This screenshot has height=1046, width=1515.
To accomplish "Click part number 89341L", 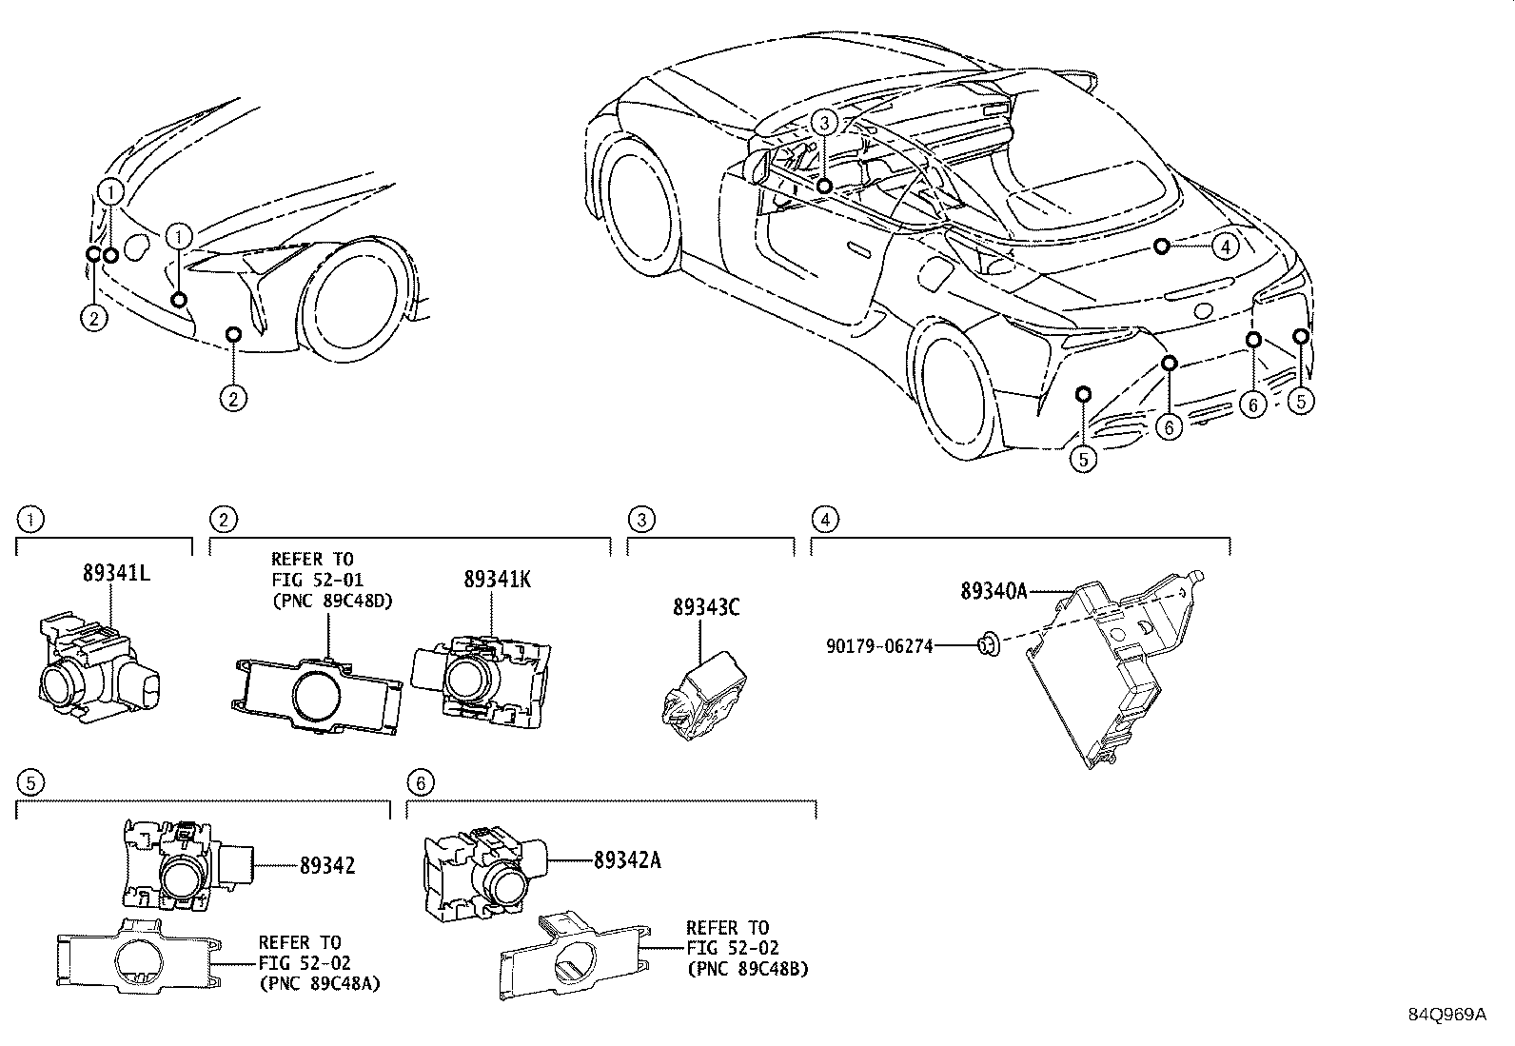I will pos(117,574).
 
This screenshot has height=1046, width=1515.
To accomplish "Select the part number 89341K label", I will pos(497,579).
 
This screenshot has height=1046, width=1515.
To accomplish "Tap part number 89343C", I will pos(706,607).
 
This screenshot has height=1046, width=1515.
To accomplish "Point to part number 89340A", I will pos(994,591).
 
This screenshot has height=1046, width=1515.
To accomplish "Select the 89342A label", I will pos(626,860).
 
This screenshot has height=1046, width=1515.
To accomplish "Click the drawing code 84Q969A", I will pos(1446,1015).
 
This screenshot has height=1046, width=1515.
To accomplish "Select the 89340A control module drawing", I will pos(1104,666).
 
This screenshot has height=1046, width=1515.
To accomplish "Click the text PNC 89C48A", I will pos(319,984).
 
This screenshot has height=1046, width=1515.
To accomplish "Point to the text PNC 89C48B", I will pos(747,969).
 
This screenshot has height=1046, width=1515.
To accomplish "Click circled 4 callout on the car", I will pos(1226,247).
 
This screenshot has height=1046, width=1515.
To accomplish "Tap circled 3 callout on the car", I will pos(824,122).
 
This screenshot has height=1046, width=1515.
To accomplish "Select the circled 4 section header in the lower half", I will pos(824,520).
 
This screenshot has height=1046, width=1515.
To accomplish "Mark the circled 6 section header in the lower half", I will pos(420,782).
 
